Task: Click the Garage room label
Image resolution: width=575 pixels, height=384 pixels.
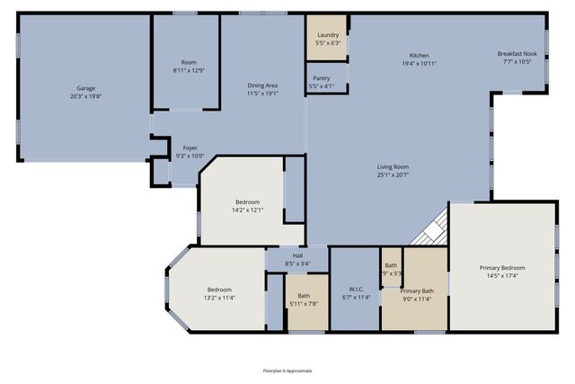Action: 85,88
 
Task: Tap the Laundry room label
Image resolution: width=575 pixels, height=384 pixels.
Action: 328,34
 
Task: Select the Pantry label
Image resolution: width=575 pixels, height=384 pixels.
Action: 322,78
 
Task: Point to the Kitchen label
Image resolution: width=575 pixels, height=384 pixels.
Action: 419,55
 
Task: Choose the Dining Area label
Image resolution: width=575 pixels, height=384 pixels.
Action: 262,85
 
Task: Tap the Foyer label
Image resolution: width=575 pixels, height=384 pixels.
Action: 190,147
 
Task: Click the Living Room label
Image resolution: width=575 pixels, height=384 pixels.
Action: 393,166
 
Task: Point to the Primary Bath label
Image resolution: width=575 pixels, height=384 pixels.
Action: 416,290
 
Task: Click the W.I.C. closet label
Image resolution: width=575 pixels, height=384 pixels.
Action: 356,290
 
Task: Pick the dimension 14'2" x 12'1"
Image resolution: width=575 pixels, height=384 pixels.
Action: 247,210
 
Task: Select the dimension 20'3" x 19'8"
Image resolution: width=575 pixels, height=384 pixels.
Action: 85,96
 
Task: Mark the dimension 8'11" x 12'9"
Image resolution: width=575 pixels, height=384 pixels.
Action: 189,70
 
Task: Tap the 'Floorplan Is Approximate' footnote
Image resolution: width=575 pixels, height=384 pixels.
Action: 287,370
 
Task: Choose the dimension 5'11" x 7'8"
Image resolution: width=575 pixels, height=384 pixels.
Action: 304,304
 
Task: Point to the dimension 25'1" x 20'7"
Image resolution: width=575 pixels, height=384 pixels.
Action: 393,174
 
